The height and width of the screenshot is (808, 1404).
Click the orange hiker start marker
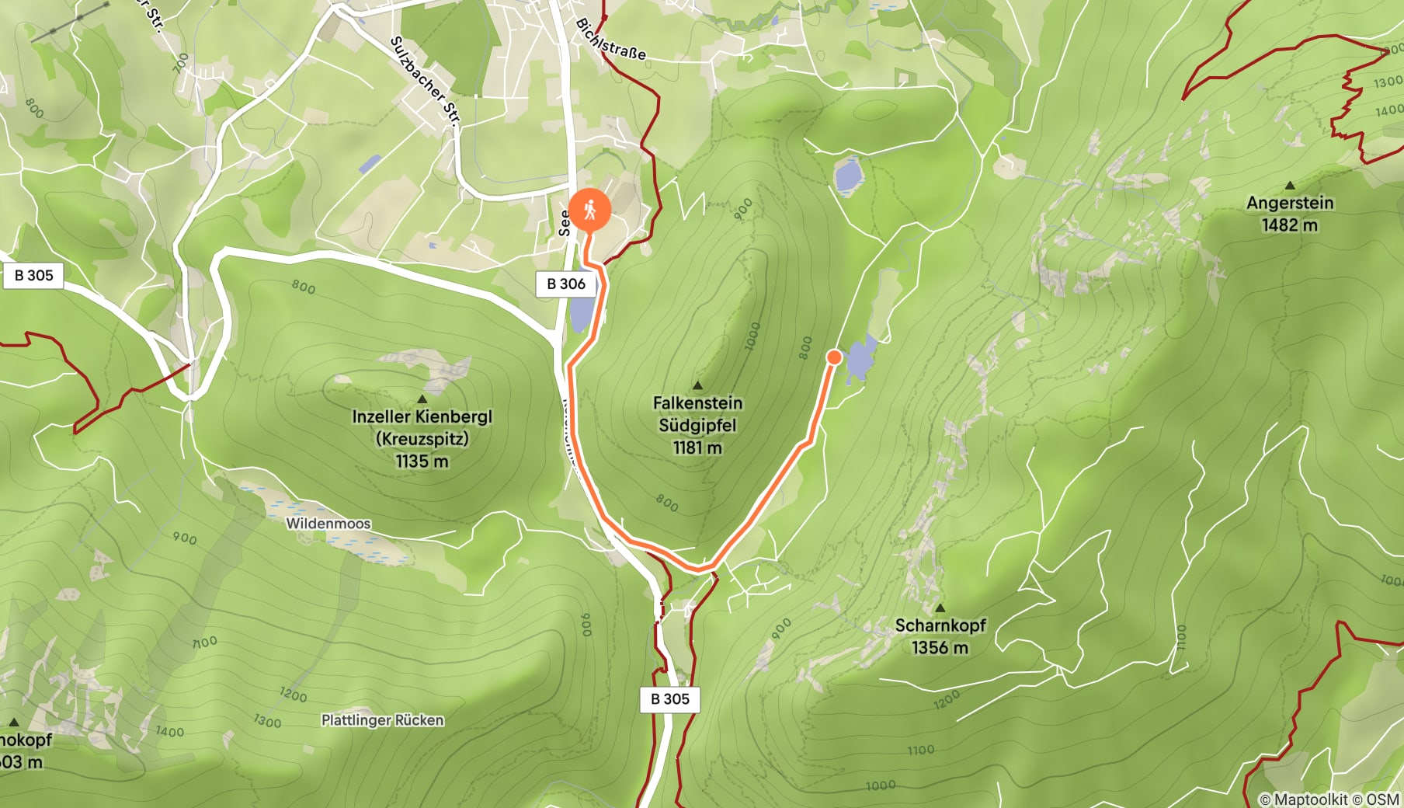[589, 209]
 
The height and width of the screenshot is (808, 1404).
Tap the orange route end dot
[834, 357]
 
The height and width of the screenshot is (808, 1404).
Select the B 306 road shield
[566, 284]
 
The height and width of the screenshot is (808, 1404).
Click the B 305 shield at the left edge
[34, 276]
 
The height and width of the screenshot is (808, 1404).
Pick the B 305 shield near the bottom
[669, 699]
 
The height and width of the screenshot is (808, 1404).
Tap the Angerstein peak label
[1290, 204]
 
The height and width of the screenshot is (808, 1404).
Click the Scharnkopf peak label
[940, 626]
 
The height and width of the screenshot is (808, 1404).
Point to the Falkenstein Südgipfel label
[697, 414]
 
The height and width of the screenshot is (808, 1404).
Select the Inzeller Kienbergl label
[422, 418]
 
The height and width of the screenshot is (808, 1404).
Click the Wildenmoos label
[328, 524]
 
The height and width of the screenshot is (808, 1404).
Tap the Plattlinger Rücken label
[383, 720]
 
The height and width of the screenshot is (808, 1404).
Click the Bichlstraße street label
[610, 40]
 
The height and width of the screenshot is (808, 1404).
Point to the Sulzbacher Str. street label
[425, 81]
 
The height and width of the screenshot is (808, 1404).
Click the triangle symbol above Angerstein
[1290, 186]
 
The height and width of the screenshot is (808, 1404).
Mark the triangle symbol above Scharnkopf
[940, 608]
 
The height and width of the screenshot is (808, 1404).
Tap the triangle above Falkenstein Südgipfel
[697, 385]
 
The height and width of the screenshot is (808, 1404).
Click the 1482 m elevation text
[1290, 225]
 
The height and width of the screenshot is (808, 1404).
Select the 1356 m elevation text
[940, 648]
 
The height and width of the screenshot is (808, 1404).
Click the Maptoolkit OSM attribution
[1329, 799]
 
